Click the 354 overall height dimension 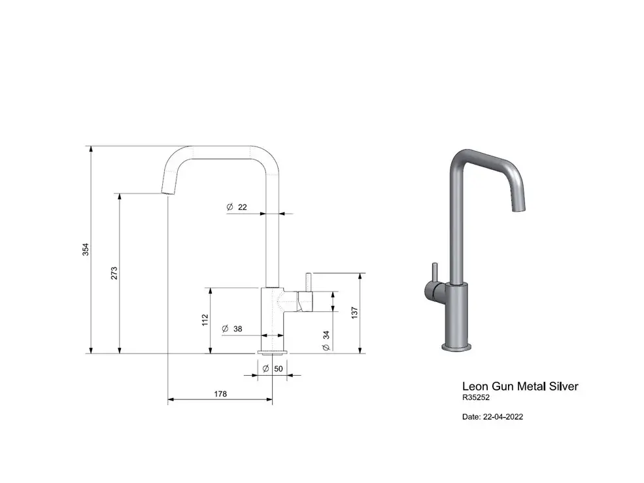pos(86,249)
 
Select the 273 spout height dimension pos(114,273)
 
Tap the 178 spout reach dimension pos(220,394)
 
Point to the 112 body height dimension pos(205,320)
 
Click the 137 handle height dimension pos(355,312)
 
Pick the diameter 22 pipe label pos(237,207)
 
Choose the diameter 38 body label pos(232,329)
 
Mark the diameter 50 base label pos(273,369)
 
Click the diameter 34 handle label pos(326,341)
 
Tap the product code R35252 pos(476,397)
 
